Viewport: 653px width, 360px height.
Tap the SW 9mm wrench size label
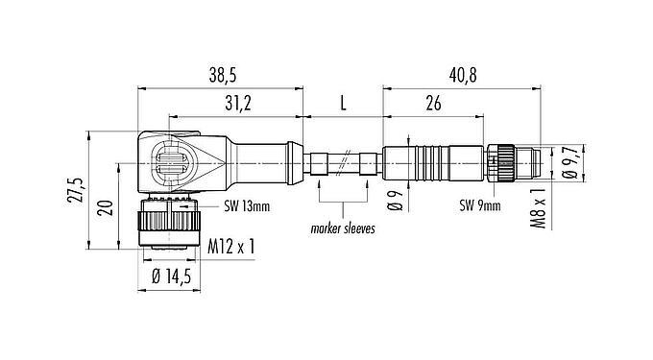pyautogui.click(x=480, y=205)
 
